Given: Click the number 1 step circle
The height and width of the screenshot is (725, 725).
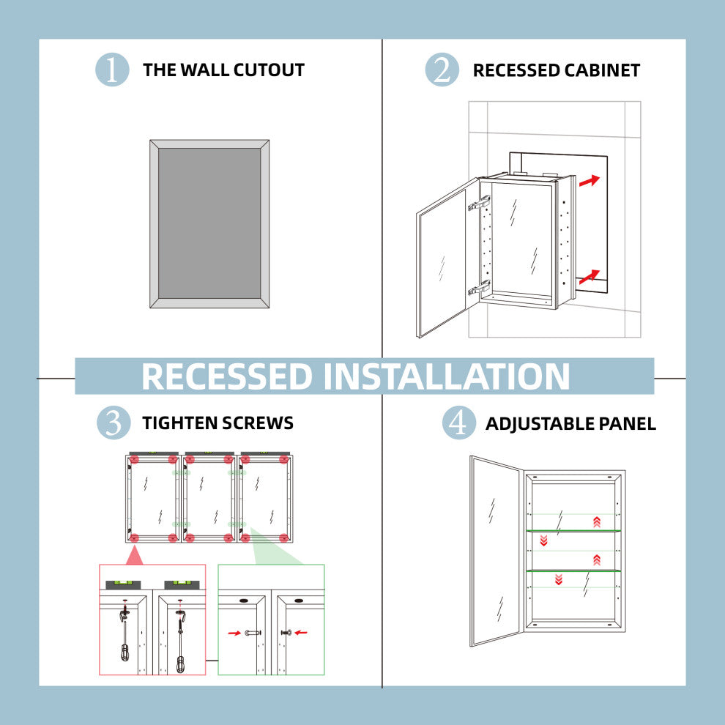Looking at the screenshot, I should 112,70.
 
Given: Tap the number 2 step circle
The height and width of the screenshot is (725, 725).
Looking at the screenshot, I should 442,70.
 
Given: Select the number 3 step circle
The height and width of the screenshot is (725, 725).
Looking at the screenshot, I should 112,423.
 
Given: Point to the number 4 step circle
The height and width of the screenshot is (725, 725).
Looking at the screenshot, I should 458,423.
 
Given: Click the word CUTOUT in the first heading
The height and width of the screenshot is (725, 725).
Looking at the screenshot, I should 269,70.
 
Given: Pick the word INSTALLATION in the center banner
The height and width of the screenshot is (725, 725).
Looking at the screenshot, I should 447,376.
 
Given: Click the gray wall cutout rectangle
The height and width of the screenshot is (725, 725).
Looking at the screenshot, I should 209,223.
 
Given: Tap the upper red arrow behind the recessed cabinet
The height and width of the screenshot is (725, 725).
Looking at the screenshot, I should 589,180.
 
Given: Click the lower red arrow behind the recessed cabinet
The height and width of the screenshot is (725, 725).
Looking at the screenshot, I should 589,276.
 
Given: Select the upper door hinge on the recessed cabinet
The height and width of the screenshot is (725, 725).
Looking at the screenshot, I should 479,204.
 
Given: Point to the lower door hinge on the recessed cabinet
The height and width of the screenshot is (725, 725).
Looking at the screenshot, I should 479,287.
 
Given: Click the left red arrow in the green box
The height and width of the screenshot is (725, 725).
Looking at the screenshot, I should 234,632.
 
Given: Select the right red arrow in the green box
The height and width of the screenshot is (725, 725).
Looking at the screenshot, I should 301,632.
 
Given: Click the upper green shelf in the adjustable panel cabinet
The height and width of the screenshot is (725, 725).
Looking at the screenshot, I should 574,530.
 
